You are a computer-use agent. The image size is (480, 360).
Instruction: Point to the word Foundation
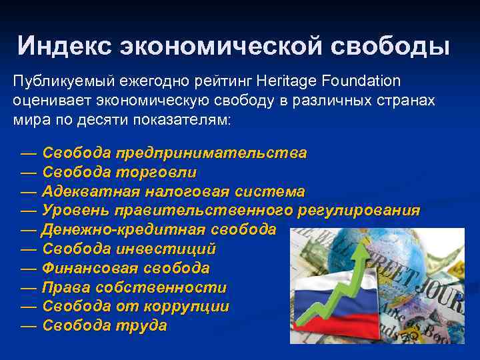tap(360, 81)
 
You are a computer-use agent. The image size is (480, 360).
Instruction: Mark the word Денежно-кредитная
tap(124, 230)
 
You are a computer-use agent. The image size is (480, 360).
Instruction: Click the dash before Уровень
tap(28, 211)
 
